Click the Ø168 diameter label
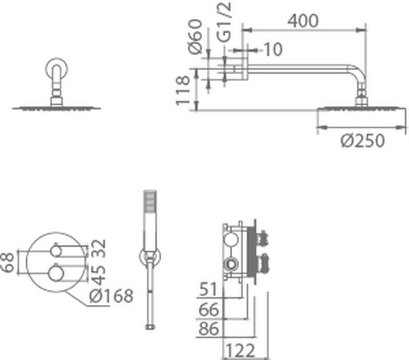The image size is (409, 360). point(110,296)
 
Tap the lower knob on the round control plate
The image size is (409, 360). point(56,274)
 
